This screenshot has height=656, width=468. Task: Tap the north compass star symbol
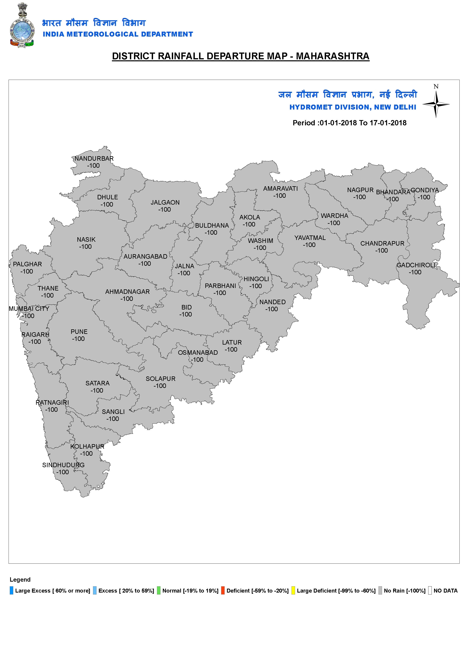pos(436,104)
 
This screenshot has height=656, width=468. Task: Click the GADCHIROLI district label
pos(416,265)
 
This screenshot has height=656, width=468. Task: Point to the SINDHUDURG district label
pos(63,465)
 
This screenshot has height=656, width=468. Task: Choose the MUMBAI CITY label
pos(29,309)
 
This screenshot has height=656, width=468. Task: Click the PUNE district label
pos(79,332)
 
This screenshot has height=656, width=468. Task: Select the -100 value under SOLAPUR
pos(160,386)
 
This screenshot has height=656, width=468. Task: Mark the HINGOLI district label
pos(256,279)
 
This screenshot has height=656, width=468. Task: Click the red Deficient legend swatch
pos(223,591)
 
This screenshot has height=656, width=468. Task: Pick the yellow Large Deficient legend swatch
pos(293,591)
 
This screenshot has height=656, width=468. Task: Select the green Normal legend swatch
pos(159,591)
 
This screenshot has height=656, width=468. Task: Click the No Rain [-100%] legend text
pos(405,591)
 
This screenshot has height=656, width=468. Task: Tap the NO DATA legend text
pos(446,591)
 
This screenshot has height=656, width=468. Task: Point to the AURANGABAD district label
pos(145,257)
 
